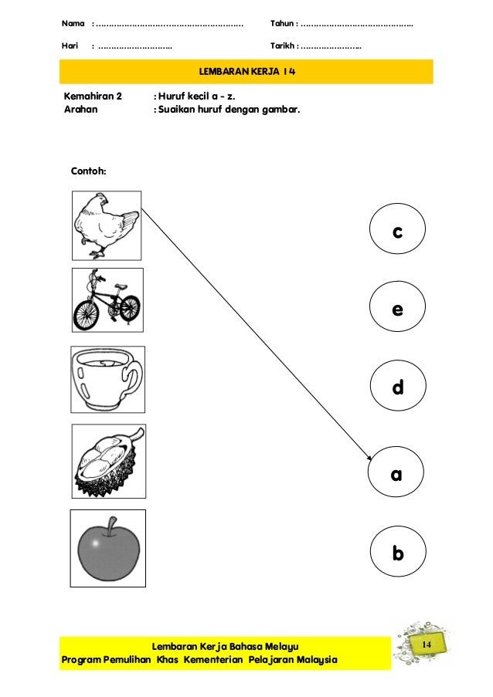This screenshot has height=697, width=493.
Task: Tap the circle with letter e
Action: click(x=397, y=309)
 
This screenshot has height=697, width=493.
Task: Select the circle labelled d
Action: click(x=397, y=387)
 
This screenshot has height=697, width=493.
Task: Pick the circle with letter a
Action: click(x=397, y=475)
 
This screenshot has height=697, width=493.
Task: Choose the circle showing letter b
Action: click(x=397, y=553)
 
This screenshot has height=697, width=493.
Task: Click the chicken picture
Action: click(x=107, y=225)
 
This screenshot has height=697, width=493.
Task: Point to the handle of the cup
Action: click(x=131, y=378)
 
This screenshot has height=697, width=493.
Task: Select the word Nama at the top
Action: click(x=73, y=25)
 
